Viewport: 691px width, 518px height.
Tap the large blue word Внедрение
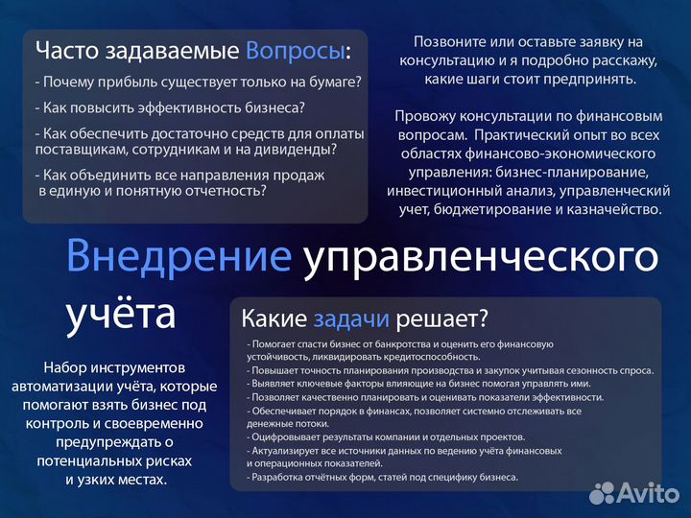(x=179, y=257)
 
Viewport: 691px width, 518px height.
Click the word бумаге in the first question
(x=336, y=82)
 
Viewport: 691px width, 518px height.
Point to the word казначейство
(x=610, y=207)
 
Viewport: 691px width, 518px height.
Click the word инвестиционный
(x=443, y=190)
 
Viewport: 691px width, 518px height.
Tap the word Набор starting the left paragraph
(x=65, y=367)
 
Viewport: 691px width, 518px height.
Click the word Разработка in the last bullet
(x=278, y=477)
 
